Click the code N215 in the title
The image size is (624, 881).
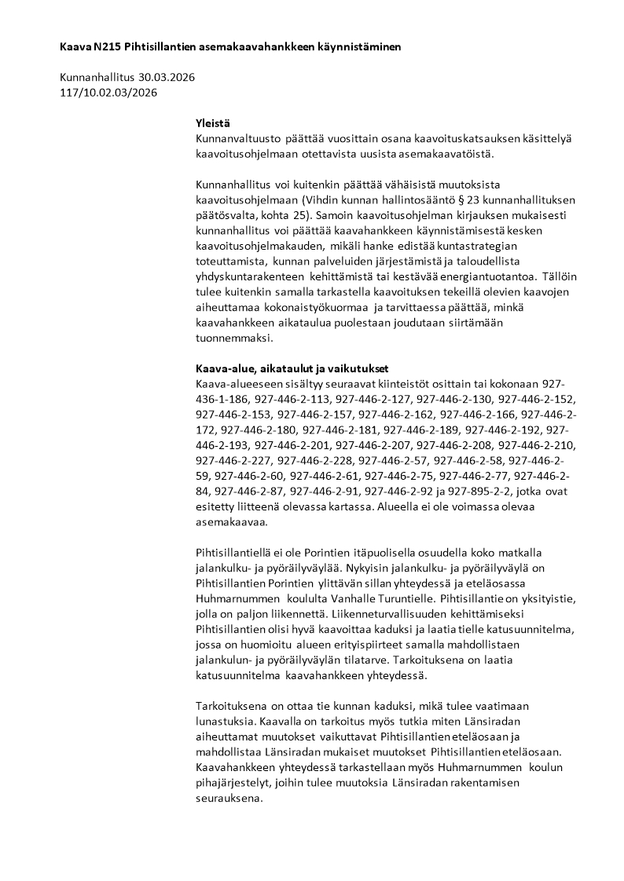(x=105, y=47)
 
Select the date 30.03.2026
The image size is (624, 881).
(x=167, y=78)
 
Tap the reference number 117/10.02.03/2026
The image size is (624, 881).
(x=108, y=93)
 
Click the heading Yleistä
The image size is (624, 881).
(x=214, y=123)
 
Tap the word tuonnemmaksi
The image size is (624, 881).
(x=233, y=338)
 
